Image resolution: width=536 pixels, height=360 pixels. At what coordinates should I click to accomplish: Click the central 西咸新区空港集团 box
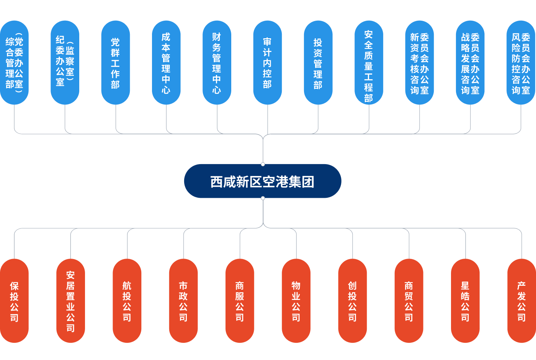(x=262, y=181)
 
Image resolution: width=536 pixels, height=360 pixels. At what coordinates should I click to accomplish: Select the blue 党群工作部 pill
(x=115, y=63)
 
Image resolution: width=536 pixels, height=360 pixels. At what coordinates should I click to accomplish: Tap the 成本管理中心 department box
(x=166, y=63)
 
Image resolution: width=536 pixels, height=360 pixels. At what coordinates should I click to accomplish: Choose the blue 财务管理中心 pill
(x=217, y=63)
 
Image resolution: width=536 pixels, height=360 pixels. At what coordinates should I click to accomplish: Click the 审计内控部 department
(x=267, y=63)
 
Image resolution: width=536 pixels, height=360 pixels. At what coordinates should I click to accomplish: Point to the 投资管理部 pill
(x=318, y=63)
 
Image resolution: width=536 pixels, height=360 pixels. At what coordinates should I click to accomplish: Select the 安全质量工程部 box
(x=369, y=63)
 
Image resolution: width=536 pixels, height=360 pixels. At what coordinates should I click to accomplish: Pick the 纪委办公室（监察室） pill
(x=65, y=63)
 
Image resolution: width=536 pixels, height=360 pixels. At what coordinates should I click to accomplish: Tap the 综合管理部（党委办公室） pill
(x=14, y=63)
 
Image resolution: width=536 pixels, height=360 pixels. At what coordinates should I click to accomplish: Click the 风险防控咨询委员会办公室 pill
(x=521, y=63)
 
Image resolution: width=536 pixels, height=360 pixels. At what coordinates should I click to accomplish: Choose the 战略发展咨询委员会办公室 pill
(x=470, y=63)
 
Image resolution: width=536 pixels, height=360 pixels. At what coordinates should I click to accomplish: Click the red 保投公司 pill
(x=14, y=301)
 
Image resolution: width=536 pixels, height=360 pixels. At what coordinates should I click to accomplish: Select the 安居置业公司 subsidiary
(x=70, y=301)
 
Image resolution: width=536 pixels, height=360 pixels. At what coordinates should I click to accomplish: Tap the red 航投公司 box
(x=127, y=301)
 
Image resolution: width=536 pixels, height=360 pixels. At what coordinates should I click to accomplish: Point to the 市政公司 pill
(x=183, y=301)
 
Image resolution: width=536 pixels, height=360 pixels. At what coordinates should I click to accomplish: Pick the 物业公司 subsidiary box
(x=296, y=301)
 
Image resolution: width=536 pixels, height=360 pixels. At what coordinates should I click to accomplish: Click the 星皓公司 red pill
(x=465, y=301)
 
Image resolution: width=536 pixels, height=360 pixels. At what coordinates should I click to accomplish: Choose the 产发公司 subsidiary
(x=521, y=301)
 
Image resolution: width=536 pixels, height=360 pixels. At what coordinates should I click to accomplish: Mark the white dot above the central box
(x=263, y=164)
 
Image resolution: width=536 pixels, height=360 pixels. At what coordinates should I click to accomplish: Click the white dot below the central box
(x=263, y=198)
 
